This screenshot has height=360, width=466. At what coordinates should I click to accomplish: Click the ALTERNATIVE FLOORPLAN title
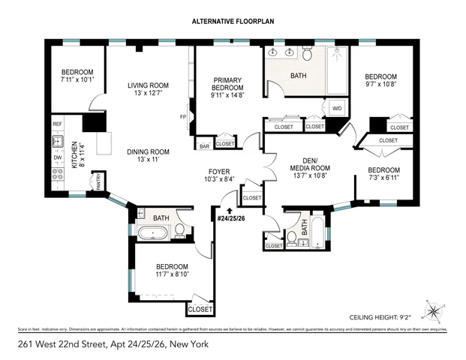tap(233, 21)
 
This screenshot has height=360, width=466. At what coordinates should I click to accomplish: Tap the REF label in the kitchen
tap(58, 124)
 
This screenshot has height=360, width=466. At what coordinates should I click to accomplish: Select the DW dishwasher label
tap(58, 158)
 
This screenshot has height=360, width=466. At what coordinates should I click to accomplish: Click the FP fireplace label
tap(182, 118)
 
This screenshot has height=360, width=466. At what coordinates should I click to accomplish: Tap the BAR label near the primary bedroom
tap(203, 145)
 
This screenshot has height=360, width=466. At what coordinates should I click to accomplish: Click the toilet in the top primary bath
tap(307, 55)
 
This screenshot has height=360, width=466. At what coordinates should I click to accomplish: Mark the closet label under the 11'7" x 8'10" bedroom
tap(200, 308)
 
